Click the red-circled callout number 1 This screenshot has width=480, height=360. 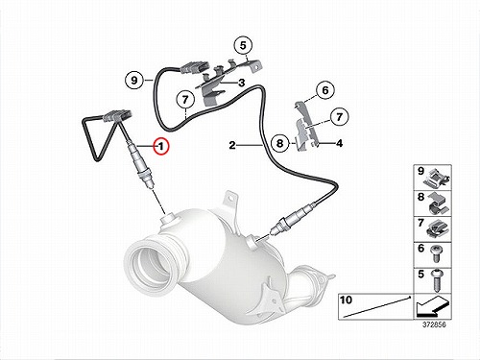161,146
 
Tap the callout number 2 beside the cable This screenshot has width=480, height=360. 232,145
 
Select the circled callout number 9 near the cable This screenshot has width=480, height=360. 133,80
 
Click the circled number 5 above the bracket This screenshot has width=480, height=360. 243,45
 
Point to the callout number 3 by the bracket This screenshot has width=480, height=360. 242,83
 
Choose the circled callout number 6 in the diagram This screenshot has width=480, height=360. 325,90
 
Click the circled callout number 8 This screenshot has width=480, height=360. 279,143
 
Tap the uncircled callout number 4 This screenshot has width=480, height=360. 339,143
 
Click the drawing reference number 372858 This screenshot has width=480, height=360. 434,324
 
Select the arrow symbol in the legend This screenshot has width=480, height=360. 432,306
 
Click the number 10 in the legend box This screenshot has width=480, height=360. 346,300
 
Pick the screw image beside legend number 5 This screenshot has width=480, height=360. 436,280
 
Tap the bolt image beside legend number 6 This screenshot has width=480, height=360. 436,253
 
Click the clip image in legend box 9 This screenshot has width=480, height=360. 437,179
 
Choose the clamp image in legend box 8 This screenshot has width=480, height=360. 437,204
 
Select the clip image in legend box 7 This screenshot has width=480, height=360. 437,228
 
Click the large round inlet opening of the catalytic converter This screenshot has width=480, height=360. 153,263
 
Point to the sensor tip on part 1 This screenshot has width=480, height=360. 151,183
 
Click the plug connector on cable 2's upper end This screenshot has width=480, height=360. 192,69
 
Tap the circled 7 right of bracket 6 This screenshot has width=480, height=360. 339,116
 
